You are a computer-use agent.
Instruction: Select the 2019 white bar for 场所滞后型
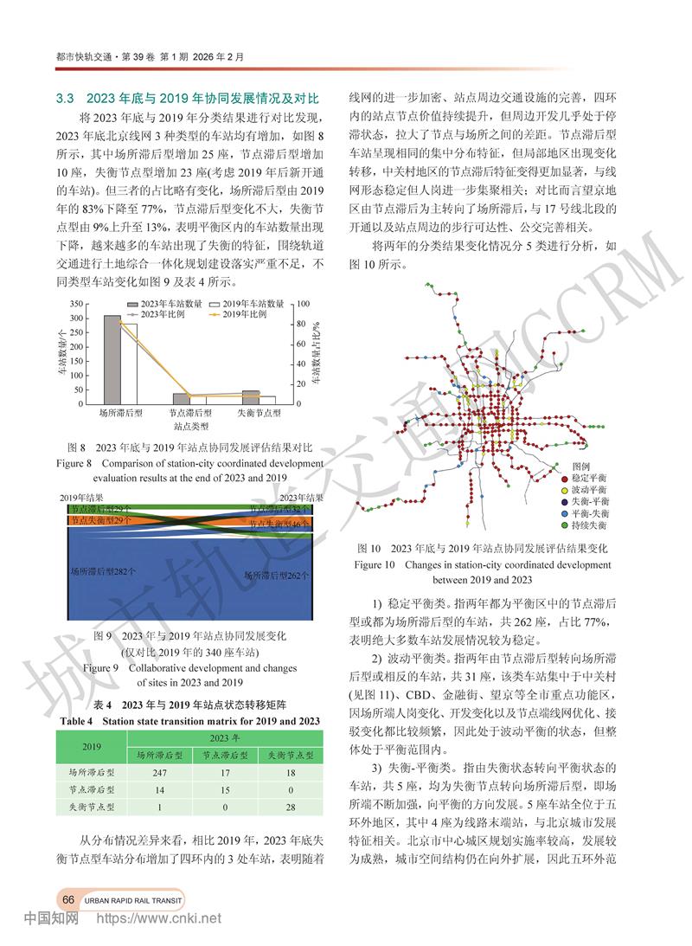129,364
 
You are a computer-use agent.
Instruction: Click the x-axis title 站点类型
190,427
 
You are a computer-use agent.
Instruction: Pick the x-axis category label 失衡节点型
259,415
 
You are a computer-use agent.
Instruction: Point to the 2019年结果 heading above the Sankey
82,498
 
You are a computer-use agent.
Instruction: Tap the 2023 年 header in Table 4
221,737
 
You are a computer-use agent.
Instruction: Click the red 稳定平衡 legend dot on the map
564,479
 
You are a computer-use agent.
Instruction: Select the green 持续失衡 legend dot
564,525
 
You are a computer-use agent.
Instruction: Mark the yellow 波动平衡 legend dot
564,491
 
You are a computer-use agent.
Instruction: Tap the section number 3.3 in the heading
67,99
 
